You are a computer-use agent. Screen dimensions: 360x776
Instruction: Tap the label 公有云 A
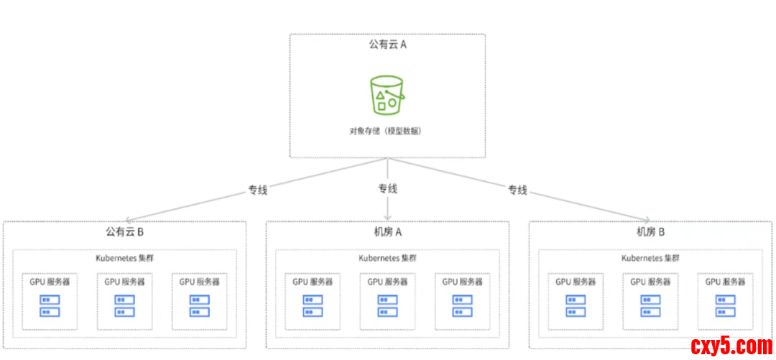(x=388, y=45)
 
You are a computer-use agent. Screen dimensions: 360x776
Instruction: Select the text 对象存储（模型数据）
(x=387, y=131)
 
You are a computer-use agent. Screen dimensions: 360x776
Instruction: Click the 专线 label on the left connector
(x=258, y=190)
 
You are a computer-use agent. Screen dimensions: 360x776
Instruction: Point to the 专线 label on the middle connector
(x=388, y=189)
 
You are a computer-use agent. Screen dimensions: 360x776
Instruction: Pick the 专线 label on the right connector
(x=517, y=190)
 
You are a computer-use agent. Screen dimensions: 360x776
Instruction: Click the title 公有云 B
(x=125, y=232)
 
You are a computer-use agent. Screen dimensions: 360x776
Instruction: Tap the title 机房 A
(x=388, y=232)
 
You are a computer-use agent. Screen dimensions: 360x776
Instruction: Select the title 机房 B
(x=650, y=232)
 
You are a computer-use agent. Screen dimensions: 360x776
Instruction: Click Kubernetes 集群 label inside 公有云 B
(x=124, y=258)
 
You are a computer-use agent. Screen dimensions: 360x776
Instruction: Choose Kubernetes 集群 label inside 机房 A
(x=387, y=258)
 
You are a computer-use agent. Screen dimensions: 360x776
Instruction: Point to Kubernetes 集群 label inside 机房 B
(x=650, y=258)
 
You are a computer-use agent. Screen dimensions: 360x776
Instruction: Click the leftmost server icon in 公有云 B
(x=50, y=305)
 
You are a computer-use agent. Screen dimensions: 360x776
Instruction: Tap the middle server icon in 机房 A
(x=387, y=305)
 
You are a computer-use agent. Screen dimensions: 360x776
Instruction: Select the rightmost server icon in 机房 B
(x=725, y=305)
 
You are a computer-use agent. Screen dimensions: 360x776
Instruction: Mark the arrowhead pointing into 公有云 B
(x=128, y=218)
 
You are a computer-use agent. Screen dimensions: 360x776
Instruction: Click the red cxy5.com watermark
(x=731, y=346)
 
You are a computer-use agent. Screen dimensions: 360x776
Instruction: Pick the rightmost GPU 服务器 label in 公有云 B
(x=200, y=282)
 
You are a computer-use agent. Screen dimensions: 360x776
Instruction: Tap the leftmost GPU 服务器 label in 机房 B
(x=576, y=282)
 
